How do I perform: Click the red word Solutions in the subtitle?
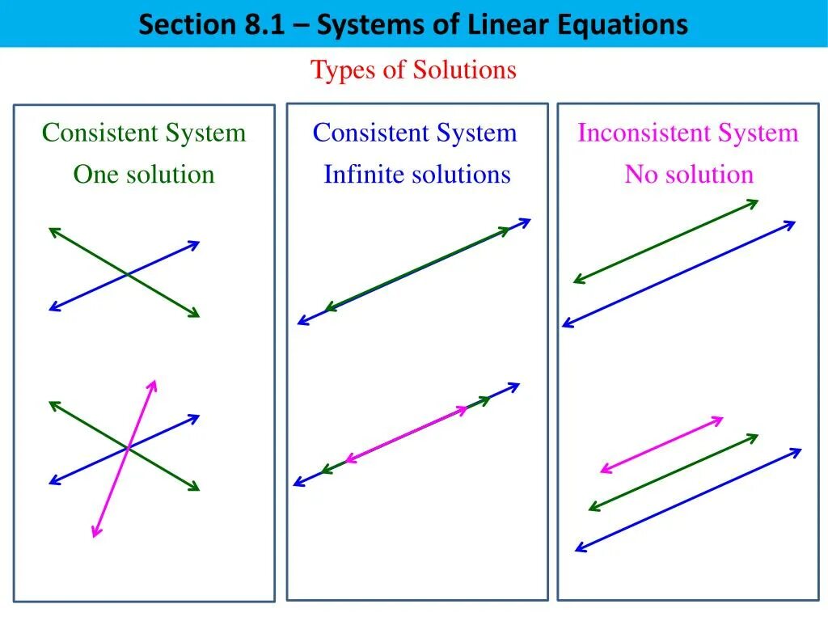[464, 70]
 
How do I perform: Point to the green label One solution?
[144, 174]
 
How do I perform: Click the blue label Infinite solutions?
[417, 174]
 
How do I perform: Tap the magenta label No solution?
[689, 174]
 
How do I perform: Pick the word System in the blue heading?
[482, 133]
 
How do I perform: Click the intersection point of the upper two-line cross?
[127, 275]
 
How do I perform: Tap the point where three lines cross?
[128, 446]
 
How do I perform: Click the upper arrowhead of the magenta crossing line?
[153, 382]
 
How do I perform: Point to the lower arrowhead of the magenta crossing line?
[95, 534]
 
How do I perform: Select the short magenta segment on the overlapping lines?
[407, 435]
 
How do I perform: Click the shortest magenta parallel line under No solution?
[661, 444]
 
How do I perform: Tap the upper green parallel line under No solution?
[665, 241]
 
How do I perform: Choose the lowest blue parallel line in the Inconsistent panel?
[688, 501]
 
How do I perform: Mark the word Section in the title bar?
[186, 24]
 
